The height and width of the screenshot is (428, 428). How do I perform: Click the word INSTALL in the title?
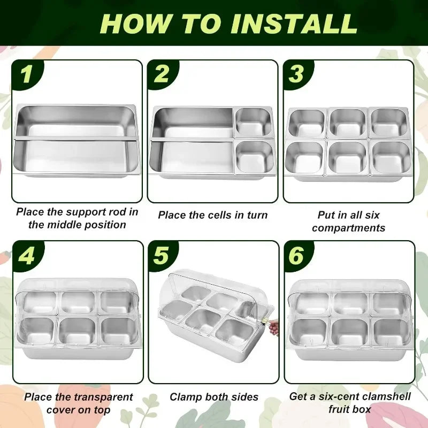click(295, 24)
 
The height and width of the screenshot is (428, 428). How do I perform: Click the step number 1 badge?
click(27, 74)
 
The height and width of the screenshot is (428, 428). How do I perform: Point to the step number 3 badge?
click(297, 74)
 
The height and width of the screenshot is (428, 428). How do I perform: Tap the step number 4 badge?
click(27, 256)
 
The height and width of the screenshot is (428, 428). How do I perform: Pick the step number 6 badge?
click(297, 256)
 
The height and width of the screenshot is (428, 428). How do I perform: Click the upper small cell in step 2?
click(253, 122)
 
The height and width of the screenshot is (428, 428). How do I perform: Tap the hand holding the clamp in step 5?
click(273, 327)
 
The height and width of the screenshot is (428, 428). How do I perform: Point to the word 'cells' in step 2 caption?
click(217, 215)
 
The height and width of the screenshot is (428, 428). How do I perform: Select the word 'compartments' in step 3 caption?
click(349, 228)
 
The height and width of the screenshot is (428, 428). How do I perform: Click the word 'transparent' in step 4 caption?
click(103, 397)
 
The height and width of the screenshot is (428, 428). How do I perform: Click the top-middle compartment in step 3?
click(348, 123)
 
